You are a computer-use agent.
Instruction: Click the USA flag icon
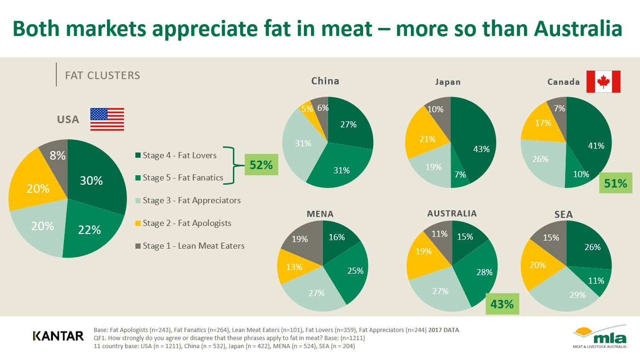[107, 119]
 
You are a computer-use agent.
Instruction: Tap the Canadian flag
[603, 82]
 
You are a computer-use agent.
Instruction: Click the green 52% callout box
[261, 165]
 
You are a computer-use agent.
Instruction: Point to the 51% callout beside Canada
[615, 183]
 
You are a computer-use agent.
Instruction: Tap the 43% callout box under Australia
[502, 304]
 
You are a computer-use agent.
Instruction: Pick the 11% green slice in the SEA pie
[594, 280]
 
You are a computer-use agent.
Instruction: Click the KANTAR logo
[58, 336]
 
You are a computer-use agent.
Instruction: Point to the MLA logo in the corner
[600, 337]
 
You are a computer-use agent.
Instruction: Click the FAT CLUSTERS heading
[103, 75]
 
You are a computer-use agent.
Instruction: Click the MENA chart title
[320, 214]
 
